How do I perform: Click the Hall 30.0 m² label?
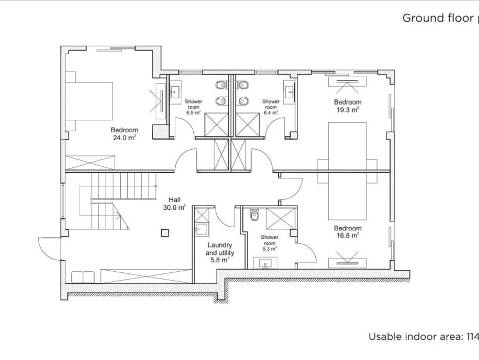(174, 204)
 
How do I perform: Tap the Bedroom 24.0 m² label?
(124, 134)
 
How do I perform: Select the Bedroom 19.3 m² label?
(348, 106)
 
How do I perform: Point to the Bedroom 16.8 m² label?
(348, 232)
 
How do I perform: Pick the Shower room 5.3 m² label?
(269, 243)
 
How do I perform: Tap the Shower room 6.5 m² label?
(193, 107)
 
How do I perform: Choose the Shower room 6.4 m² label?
(271, 107)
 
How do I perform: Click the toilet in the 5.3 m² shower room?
(254, 215)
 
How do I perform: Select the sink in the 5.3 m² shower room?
(266, 263)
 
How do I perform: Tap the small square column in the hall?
(165, 233)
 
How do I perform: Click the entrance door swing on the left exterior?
(49, 248)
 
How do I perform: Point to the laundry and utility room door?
(225, 217)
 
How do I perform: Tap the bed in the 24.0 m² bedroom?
(89, 101)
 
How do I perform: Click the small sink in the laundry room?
(202, 229)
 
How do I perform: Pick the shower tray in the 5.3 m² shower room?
(280, 219)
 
